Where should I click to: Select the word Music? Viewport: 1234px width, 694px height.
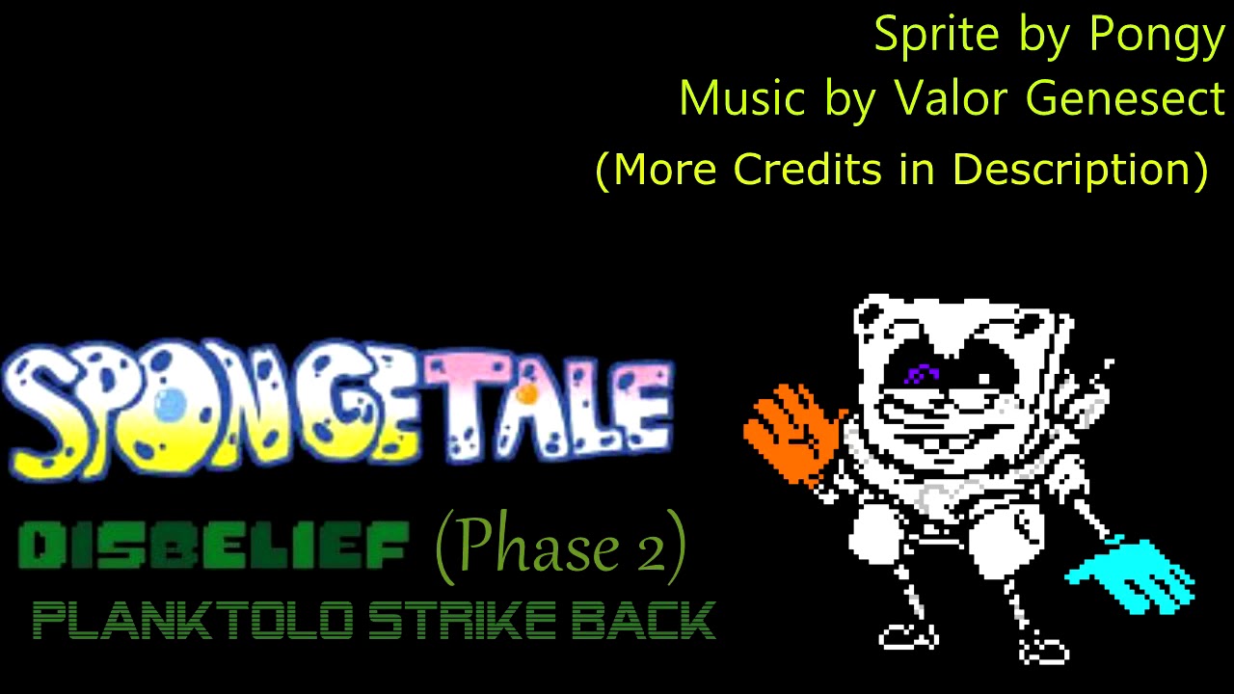click(x=741, y=97)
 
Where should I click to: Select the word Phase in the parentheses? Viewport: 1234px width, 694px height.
click(x=526, y=547)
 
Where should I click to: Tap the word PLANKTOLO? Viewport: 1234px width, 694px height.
click(x=187, y=620)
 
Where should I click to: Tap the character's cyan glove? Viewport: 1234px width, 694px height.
click(x=1134, y=576)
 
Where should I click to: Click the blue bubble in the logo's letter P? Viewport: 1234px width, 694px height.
click(x=170, y=404)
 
